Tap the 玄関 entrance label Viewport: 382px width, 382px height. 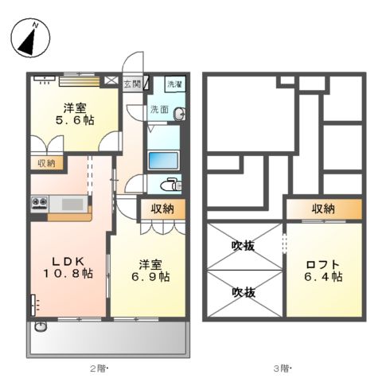tap(132, 83)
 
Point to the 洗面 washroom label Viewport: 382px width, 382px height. tap(158, 110)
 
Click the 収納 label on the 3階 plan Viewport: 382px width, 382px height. tap(323, 209)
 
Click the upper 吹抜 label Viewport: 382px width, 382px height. tap(244, 246)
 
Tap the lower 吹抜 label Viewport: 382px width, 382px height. tap(244, 292)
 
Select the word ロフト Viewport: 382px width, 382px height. tap(323, 264)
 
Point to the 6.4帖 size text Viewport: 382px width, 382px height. tap(323, 278)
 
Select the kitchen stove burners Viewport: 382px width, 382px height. tap(38, 203)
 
